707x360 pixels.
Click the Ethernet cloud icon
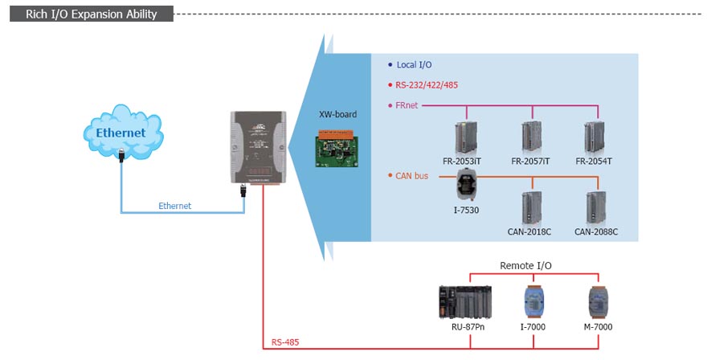[121, 132]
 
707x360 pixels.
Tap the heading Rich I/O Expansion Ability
[92, 14]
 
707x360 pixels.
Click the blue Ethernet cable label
[175, 206]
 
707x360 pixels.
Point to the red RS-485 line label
[285, 342]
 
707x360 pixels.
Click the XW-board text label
[337, 114]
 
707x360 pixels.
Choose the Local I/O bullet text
[415, 64]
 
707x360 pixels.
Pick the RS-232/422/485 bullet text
[427, 84]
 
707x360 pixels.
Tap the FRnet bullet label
[407, 104]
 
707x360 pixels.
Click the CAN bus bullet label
[412, 175]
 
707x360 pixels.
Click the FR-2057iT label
[531, 161]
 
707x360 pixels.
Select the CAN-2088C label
[596, 231]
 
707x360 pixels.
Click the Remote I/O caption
[525, 265]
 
